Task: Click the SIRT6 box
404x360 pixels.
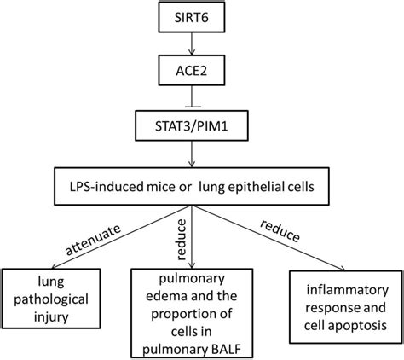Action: click(x=202, y=15)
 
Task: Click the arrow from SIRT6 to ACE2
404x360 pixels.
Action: click(x=202, y=44)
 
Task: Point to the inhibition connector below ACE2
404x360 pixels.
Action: click(x=202, y=103)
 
